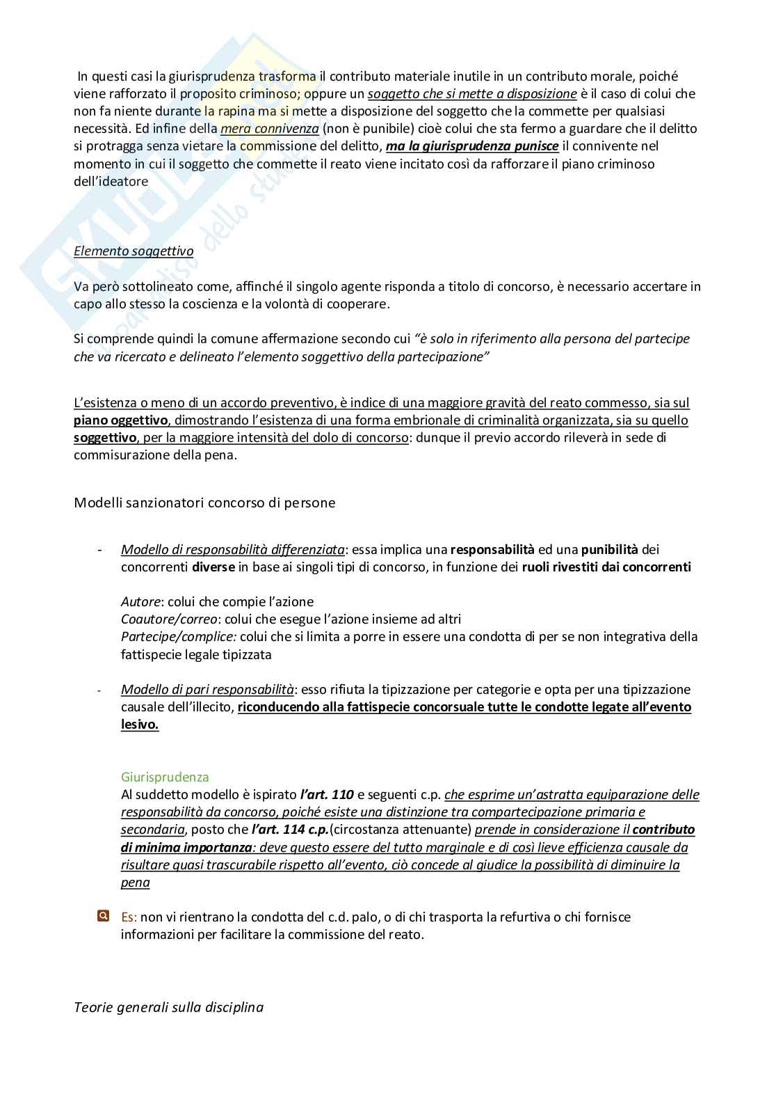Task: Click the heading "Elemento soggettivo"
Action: pyautogui.click(x=134, y=251)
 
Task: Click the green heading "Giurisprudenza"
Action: pyautogui.click(x=165, y=777)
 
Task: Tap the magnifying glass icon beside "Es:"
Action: pyautogui.click(x=103, y=916)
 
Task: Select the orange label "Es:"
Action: pyautogui.click(x=129, y=917)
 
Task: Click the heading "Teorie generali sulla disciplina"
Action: pyautogui.click(x=168, y=1006)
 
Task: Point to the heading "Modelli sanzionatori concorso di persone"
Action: pyautogui.click(x=204, y=503)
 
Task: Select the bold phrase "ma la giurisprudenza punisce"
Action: pyautogui.click(x=472, y=146)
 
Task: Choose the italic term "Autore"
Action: pyautogui.click(x=141, y=601)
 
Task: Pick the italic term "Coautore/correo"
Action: pyautogui.click(x=164, y=619)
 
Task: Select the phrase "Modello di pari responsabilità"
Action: pyautogui.click(x=207, y=689)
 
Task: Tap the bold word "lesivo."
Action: pyautogui.click(x=140, y=725)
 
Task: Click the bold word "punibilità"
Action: pyautogui.click(x=610, y=549)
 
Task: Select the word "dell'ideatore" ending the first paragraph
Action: pyautogui.click(x=111, y=181)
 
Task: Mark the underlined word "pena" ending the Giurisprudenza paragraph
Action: pyautogui.click(x=135, y=883)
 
